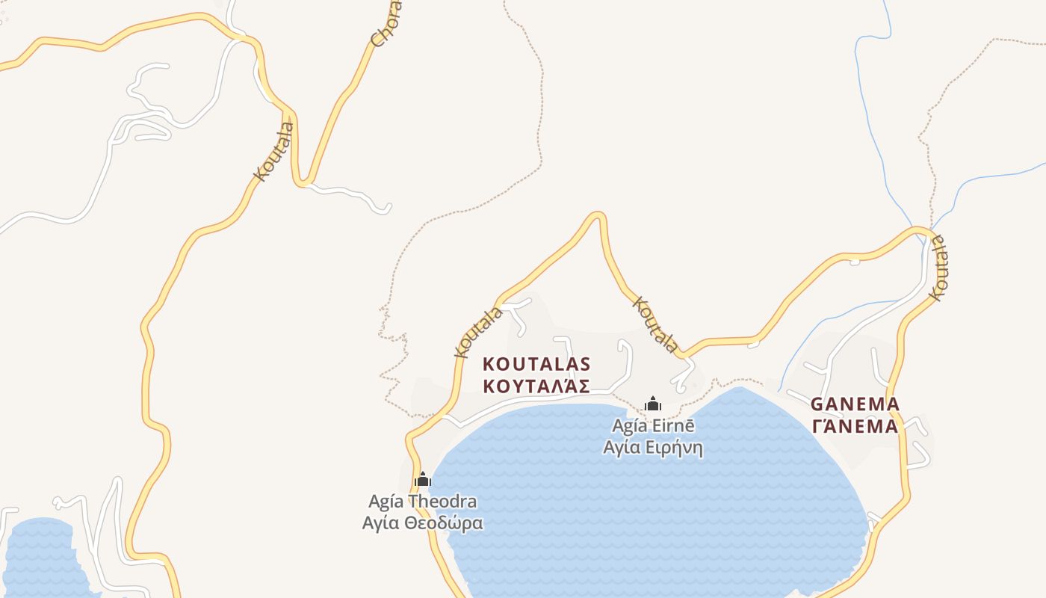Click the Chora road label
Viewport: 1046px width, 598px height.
click(386, 25)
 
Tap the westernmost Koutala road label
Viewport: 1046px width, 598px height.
click(274, 152)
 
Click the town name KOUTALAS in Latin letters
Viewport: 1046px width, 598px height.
click(536, 364)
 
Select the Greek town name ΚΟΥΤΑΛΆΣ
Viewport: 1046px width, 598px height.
click(536, 386)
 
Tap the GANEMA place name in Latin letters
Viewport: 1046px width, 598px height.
click(855, 404)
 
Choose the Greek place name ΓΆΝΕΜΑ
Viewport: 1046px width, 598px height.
click(855, 427)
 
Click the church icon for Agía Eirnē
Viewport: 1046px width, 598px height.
click(653, 404)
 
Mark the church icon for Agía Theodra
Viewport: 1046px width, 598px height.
click(423, 479)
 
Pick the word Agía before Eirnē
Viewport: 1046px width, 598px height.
click(628, 426)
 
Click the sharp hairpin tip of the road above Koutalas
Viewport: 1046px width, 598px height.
click(597, 215)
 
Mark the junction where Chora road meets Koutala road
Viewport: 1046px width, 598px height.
click(303, 182)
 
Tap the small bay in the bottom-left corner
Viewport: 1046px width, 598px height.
click(41, 557)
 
